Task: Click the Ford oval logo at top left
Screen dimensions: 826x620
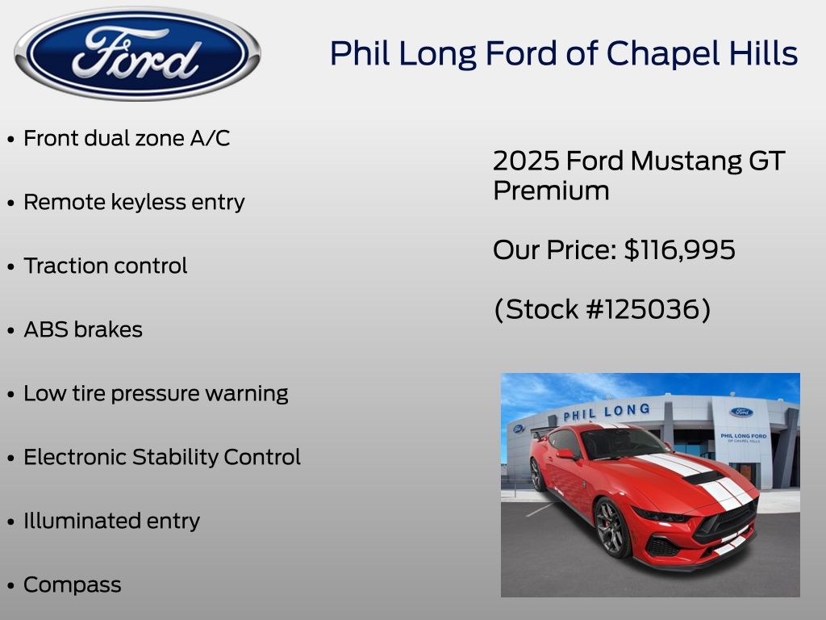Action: click(x=137, y=53)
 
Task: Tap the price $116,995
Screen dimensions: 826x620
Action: click(x=679, y=250)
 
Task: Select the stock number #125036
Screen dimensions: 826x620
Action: click(x=648, y=309)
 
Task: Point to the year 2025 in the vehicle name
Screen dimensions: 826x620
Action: click(x=526, y=161)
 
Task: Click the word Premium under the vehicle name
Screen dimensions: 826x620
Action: click(x=551, y=191)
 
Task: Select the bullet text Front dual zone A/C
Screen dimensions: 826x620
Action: click(x=127, y=138)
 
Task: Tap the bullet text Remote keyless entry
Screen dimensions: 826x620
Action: click(x=135, y=202)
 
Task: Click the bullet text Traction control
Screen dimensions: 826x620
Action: click(x=106, y=266)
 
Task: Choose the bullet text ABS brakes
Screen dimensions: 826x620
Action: click(x=83, y=329)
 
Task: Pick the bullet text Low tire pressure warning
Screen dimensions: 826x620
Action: click(x=156, y=393)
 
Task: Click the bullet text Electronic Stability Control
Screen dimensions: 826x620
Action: click(x=162, y=457)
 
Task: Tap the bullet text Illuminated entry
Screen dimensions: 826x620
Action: click(x=111, y=521)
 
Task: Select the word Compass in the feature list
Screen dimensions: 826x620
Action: click(x=73, y=584)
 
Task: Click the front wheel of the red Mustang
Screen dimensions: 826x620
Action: click(x=611, y=528)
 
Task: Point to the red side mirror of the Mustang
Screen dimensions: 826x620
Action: click(x=565, y=454)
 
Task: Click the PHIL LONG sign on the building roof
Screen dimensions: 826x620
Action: click(x=607, y=412)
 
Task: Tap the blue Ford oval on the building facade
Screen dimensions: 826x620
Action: click(x=741, y=412)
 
